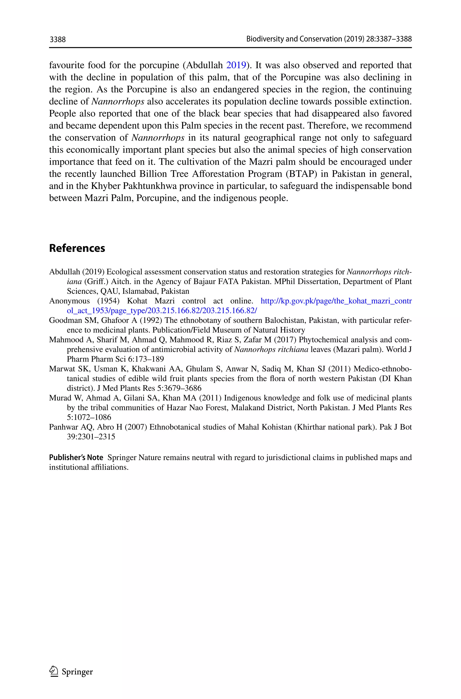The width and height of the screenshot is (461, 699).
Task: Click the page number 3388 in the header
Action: coord(58,39)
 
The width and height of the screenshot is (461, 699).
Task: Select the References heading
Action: coord(77,248)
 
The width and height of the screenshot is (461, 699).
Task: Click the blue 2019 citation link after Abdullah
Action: coord(236,65)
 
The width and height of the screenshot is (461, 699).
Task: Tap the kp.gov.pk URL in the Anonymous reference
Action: coord(336,301)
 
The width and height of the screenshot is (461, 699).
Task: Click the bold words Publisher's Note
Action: coord(76,458)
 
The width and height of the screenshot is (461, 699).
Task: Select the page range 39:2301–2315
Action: coord(91,437)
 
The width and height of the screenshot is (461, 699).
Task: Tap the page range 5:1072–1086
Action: coord(89,417)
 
